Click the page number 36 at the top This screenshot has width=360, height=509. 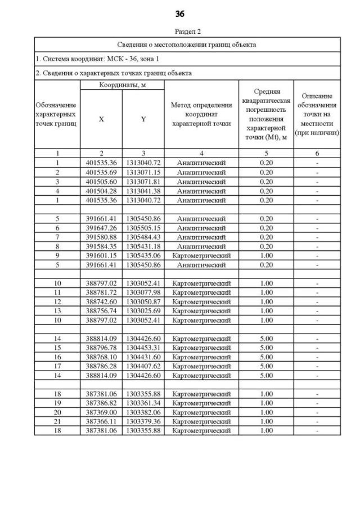(x=179, y=13)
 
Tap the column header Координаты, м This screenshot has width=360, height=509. (x=121, y=85)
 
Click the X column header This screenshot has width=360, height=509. (x=101, y=119)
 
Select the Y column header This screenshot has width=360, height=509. (x=143, y=119)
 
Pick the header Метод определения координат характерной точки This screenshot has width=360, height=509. (x=201, y=114)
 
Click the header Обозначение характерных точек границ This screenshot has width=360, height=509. (x=57, y=114)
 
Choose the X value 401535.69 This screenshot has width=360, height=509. (x=101, y=172)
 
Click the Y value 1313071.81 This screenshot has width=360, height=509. (x=143, y=182)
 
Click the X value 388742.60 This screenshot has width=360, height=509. (x=101, y=301)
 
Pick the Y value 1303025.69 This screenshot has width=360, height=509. (x=143, y=310)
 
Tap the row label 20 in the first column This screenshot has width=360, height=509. (x=57, y=412)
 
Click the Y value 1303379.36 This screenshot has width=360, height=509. (x=143, y=421)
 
